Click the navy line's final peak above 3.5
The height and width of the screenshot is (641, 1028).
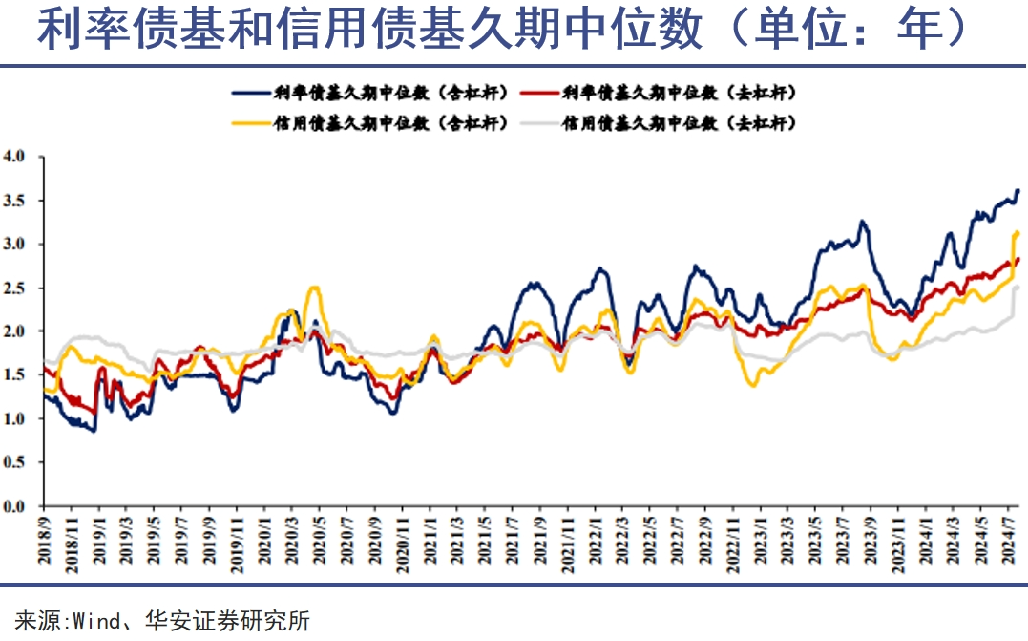click(x=1018, y=190)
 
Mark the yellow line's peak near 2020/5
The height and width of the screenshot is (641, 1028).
click(x=314, y=288)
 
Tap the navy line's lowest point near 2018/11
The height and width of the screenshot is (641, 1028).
click(x=94, y=431)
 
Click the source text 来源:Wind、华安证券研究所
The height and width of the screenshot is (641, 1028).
click(x=163, y=621)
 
